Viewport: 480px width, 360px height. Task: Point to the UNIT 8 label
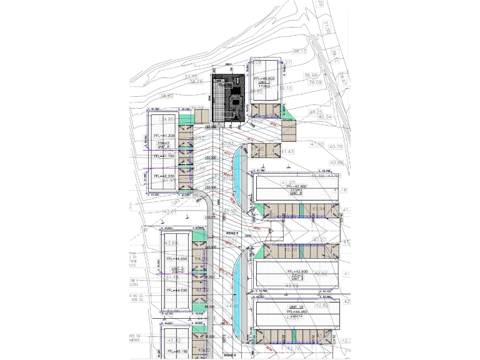pos(296,194)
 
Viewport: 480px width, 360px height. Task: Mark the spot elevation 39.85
pos(167,119)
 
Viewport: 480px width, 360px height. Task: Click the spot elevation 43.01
pos(170,212)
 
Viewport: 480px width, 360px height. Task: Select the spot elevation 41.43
pos(287,152)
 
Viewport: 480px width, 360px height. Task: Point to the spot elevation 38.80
pos(166,96)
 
